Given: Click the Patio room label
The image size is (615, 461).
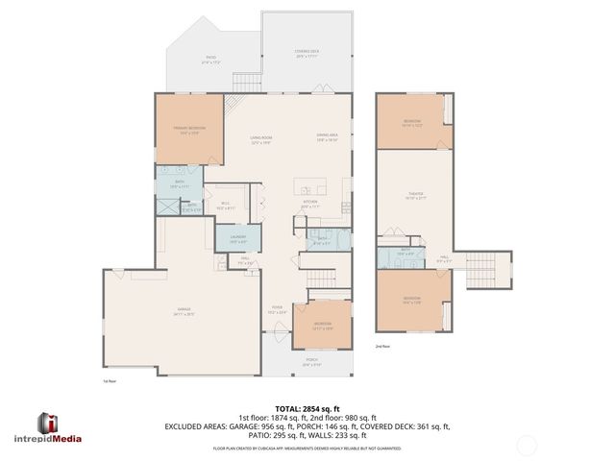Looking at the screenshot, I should click(x=211, y=60).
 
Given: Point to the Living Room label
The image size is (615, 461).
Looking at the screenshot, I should click(x=260, y=141).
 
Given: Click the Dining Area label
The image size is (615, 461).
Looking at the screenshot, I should click(x=328, y=137).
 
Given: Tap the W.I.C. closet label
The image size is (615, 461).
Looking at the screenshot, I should click(x=227, y=205).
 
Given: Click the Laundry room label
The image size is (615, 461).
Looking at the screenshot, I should click(x=238, y=240).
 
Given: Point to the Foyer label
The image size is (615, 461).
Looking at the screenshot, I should click(x=277, y=309).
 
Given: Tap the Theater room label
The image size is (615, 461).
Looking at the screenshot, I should click(x=415, y=196).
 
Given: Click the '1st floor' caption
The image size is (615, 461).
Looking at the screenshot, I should click(x=110, y=380).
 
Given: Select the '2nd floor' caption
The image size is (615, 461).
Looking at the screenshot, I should click(x=382, y=346).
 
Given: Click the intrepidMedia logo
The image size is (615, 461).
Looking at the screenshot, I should click(x=60, y=425).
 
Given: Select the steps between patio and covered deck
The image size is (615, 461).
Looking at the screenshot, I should click(x=248, y=82).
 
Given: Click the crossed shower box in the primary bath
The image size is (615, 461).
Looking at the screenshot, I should click(x=167, y=206).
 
